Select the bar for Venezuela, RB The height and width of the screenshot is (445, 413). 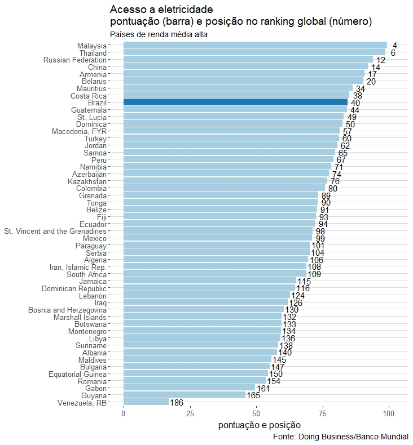(146, 402)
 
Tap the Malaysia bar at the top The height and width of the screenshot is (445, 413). (255, 46)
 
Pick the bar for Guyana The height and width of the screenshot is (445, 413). (184, 395)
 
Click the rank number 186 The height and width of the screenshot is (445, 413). (176, 403)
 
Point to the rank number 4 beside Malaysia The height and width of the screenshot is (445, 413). (395, 46)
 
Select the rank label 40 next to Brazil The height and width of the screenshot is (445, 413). (355, 103)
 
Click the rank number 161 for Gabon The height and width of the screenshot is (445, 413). (263, 389)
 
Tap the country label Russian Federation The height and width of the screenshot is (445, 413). (74, 60)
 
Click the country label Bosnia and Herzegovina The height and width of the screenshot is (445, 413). (67, 310)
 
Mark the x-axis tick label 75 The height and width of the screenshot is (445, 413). (323, 414)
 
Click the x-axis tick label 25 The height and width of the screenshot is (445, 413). (190, 414)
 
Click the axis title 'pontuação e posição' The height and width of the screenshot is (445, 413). (259, 425)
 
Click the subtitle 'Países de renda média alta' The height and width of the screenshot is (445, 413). (159, 35)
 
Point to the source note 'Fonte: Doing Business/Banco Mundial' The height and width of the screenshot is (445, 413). (340, 437)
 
